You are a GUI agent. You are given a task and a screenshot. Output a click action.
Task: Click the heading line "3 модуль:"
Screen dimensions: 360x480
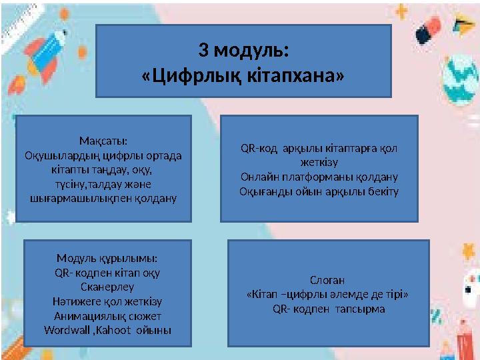pyautogui.click(x=244, y=51)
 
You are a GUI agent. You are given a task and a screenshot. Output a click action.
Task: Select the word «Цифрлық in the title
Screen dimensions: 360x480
pyautogui.click(x=188, y=75)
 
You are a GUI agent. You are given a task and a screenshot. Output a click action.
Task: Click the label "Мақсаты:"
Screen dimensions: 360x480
pyautogui.click(x=103, y=141)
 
